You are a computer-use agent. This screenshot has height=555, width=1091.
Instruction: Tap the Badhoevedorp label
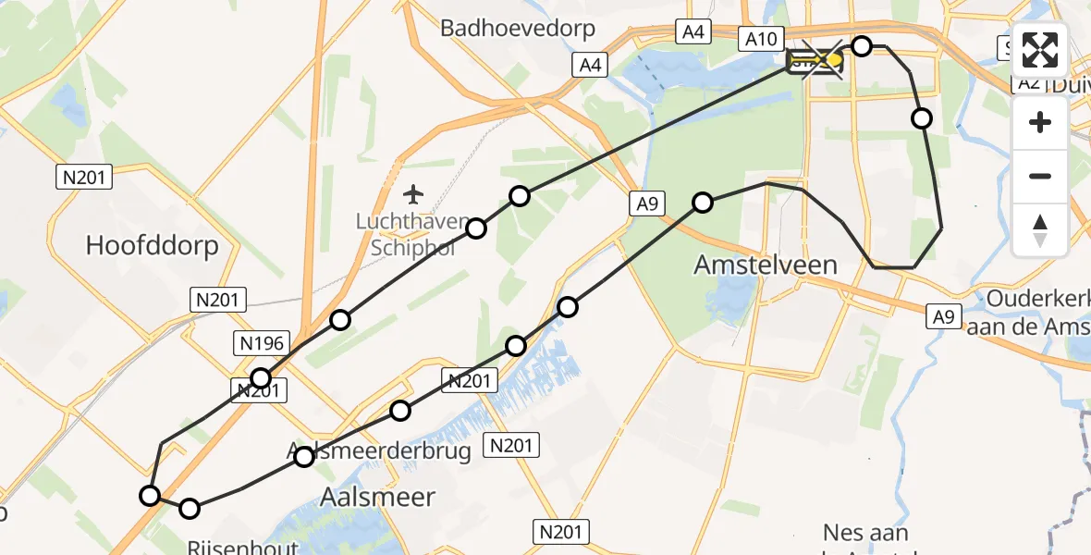tap(518, 29)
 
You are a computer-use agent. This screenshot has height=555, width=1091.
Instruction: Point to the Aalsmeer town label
tap(376, 497)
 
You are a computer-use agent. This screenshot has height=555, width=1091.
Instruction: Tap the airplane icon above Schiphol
tap(413, 194)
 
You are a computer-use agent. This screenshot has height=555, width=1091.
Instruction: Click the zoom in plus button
tap(1040, 123)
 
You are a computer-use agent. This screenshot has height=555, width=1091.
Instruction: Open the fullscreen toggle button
tap(1040, 50)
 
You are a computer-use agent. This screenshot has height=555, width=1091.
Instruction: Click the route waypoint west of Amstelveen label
tap(703, 203)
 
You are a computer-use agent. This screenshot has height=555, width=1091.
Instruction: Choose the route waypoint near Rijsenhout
tap(189, 508)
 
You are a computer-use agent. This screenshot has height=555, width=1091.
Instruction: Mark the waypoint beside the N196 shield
tap(262, 377)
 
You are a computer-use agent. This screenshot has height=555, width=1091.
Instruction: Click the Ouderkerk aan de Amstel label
tap(1038, 313)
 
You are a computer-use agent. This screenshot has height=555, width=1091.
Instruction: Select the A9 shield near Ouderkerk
tap(942, 317)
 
